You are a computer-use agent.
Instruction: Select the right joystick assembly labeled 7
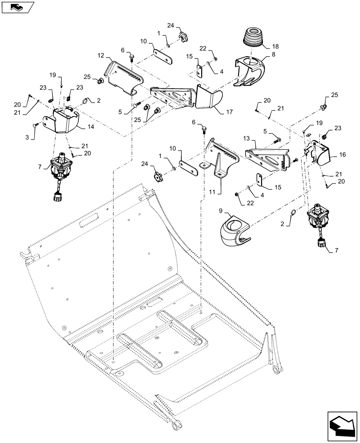pos(318,220)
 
